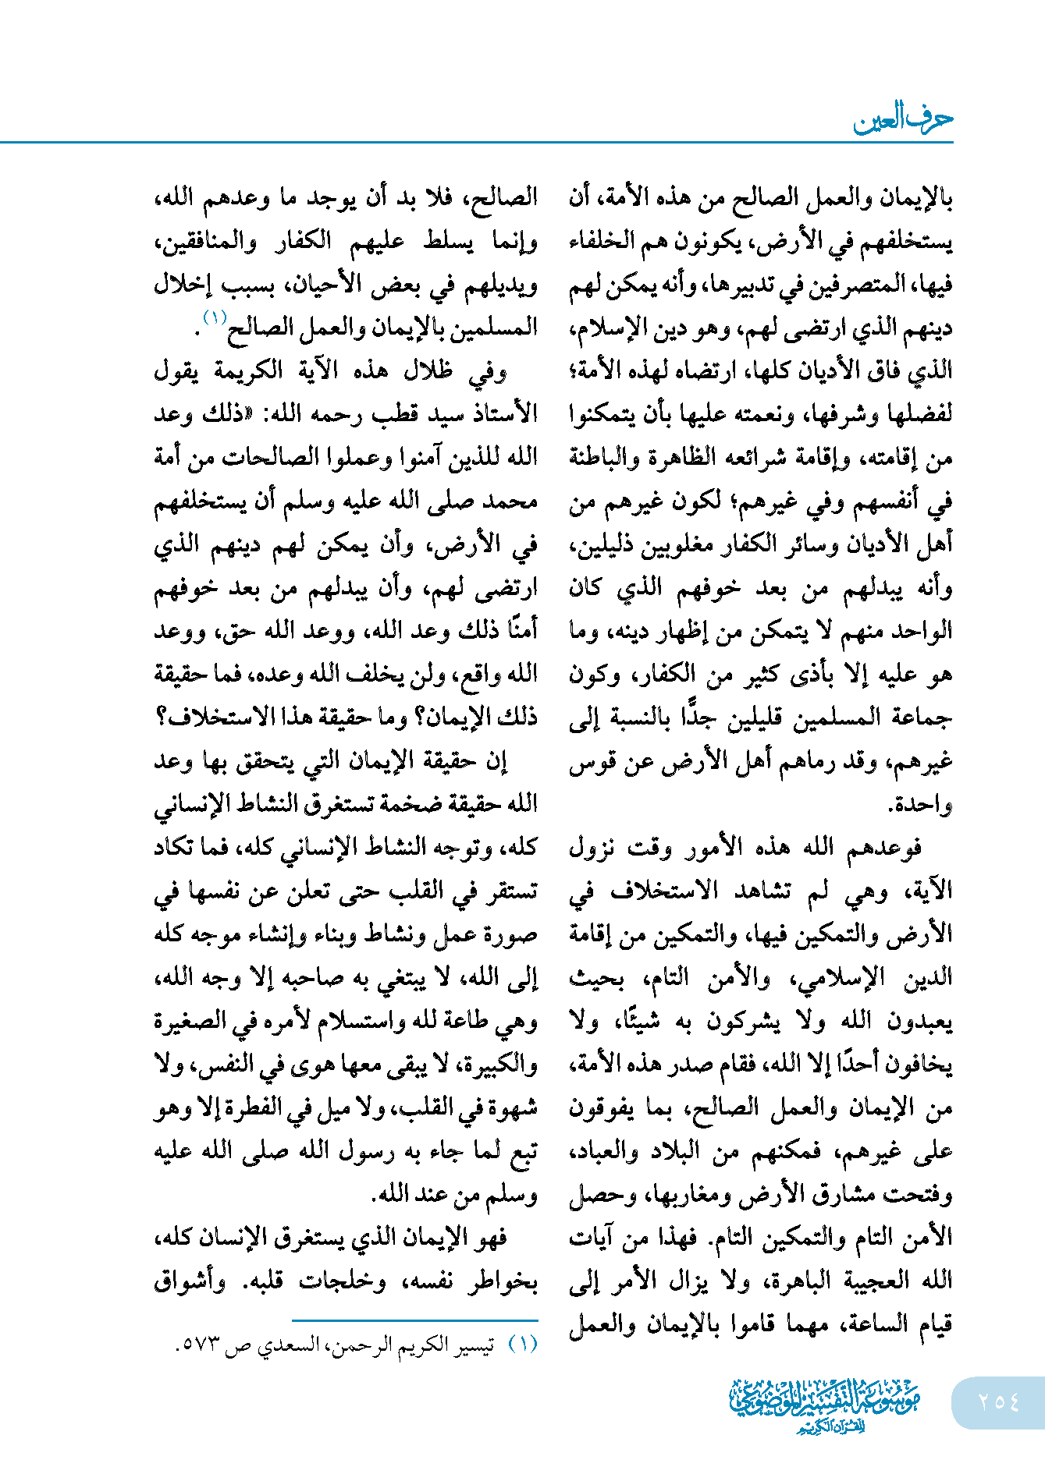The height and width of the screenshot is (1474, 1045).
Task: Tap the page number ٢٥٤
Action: point(998,1401)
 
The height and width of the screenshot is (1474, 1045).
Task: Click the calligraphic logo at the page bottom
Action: point(824,1404)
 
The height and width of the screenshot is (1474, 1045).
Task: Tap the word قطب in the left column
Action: point(386,413)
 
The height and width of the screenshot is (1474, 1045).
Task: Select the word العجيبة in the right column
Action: point(860,1281)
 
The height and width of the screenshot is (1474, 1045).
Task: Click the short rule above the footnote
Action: point(414,1321)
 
